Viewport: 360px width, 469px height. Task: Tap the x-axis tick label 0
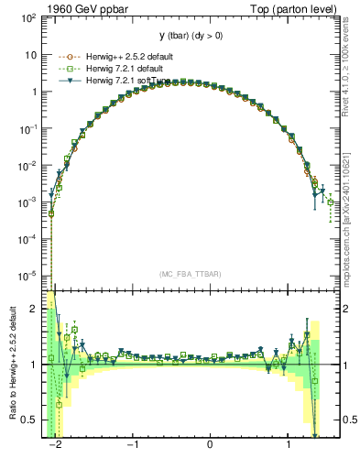pyautogui.click(x=211, y=444)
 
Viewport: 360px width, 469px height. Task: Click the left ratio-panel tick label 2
pyautogui.click(x=37, y=310)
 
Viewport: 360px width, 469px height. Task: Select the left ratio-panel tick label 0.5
pyautogui.click(x=32, y=420)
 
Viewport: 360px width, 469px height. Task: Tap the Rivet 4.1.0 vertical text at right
pyautogui.click(x=345, y=65)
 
